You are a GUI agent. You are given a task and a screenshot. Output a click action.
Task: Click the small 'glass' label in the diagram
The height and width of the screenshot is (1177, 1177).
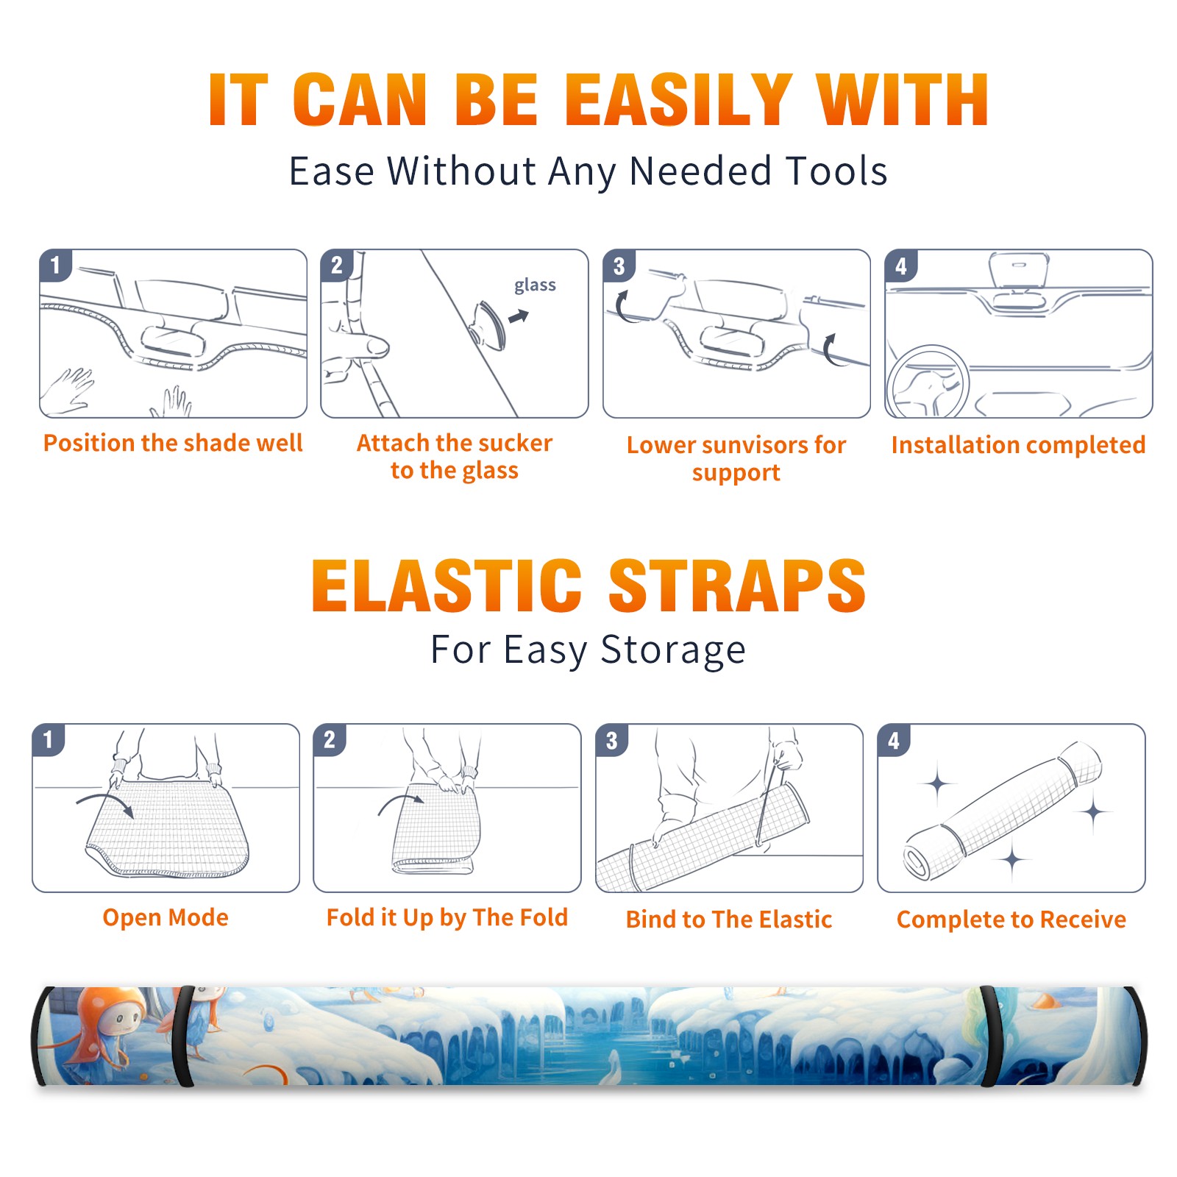tap(535, 285)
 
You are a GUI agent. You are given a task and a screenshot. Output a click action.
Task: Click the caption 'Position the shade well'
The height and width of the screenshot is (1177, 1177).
tap(173, 443)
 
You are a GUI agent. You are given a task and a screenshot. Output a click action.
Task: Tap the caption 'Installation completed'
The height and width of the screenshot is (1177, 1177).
tap(1018, 444)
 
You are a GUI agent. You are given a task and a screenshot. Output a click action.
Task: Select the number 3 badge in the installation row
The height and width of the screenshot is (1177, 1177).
tap(619, 266)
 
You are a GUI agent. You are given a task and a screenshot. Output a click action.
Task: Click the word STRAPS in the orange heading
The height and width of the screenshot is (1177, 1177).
tap(737, 586)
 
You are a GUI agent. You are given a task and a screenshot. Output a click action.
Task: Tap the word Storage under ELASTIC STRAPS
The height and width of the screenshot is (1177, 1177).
tap(673, 650)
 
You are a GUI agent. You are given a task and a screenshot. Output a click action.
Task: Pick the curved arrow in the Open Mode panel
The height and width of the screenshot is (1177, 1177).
tap(104, 803)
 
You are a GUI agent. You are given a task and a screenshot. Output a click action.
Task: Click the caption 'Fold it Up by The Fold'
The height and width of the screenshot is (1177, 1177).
tap(447, 917)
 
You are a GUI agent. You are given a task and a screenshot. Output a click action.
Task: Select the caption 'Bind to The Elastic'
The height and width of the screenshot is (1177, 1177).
tap(729, 920)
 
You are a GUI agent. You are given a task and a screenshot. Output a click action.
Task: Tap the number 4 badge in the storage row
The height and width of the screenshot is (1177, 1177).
tap(894, 740)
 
